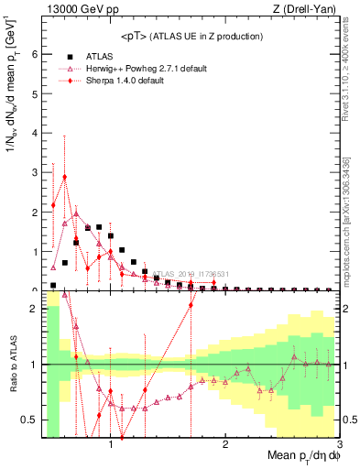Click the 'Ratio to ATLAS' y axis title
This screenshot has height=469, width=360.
pyautogui.click(x=11, y=365)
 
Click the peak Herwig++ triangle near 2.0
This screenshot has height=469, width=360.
pyautogui.click(x=76, y=213)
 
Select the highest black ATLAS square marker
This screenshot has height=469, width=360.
pyautogui.click(x=99, y=226)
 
